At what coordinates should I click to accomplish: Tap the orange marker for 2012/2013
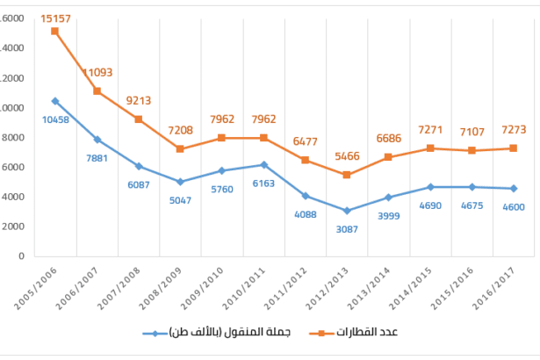[x=347, y=175]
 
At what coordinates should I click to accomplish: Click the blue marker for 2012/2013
[x=347, y=211]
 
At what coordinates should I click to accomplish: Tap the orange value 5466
[x=347, y=159]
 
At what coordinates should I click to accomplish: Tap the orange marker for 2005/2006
[x=54, y=31]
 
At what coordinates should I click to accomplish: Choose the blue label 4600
[x=513, y=207]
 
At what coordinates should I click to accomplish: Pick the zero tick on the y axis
[x=18, y=256]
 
